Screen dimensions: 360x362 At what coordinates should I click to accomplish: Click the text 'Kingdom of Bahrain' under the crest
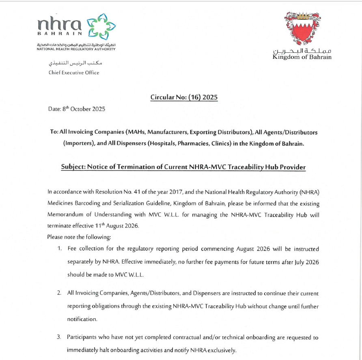tap(302, 57)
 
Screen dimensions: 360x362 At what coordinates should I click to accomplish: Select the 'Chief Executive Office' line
tap(73, 73)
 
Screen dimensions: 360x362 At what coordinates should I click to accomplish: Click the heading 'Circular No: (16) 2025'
tap(184, 97)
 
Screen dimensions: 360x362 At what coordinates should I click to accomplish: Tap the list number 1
tap(59, 248)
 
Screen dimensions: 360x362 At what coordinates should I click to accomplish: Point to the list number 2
tap(59, 293)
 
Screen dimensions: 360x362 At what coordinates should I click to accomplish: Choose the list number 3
tap(59, 337)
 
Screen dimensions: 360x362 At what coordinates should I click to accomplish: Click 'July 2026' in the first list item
tap(307, 262)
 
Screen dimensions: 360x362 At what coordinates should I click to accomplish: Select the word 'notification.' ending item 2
tap(82, 319)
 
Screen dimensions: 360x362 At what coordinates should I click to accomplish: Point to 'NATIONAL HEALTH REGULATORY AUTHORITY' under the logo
tap(76, 49)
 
